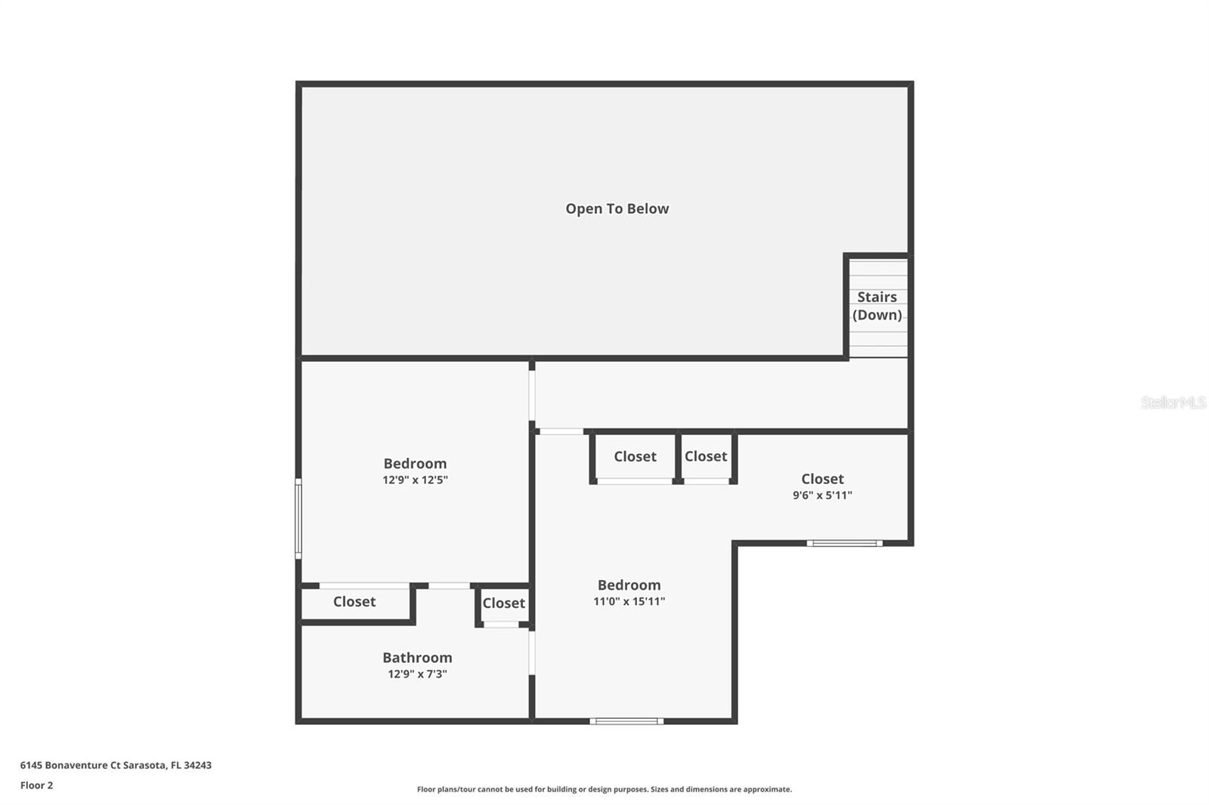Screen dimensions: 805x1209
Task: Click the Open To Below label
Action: [x=617, y=209]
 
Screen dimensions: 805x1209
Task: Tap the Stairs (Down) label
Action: [x=877, y=306]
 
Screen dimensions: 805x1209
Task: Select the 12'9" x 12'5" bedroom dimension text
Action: [x=415, y=480]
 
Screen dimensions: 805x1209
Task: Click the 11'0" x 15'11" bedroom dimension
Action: [x=629, y=602]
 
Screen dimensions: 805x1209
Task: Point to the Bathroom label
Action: [x=417, y=658]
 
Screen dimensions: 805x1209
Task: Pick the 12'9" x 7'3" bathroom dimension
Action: [x=417, y=674]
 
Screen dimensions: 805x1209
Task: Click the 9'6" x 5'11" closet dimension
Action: [x=822, y=495]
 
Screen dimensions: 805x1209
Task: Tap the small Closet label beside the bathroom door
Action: [x=503, y=603]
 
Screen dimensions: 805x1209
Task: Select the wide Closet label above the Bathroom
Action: [x=354, y=602]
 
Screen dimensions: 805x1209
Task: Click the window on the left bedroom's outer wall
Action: [x=298, y=519]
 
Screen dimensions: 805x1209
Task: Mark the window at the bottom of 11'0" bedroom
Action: [x=626, y=721]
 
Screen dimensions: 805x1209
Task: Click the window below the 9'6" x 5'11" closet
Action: [x=844, y=543]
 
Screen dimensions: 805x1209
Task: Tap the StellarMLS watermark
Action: [x=1173, y=402]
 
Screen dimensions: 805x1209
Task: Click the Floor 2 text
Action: [x=36, y=785]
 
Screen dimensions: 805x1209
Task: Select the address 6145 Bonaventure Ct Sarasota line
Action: [x=116, y=765]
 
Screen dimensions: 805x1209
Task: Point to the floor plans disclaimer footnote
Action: [x=604, y=789]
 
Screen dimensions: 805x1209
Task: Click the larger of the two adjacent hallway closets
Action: [x=635, y=457]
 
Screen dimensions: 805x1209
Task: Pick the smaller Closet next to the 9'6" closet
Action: [x=706, y=457]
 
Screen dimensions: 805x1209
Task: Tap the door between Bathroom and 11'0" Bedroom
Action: [x=532, y=652]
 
